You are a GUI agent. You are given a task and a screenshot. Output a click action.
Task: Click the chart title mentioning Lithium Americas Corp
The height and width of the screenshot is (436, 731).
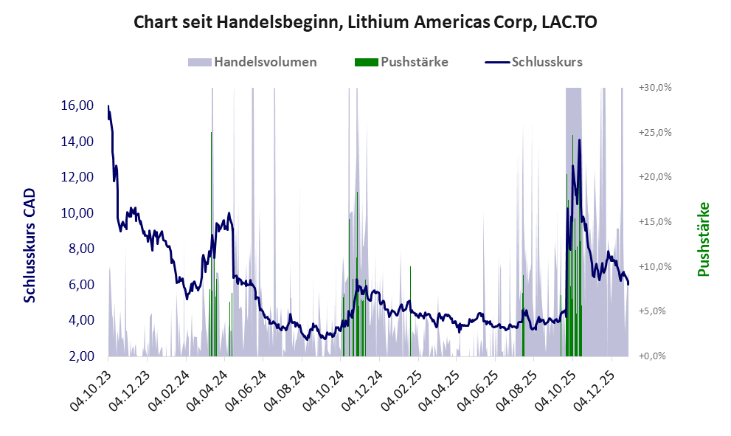pos(365,23)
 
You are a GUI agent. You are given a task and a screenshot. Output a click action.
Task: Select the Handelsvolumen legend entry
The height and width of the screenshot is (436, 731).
pos(253,62)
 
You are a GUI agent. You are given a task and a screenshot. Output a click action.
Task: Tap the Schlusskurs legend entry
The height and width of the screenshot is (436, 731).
pos(534,62)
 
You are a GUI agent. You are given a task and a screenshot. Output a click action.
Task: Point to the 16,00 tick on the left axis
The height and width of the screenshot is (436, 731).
pos(77,105)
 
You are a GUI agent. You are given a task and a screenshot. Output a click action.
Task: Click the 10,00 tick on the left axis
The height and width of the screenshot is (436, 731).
pos(77,213)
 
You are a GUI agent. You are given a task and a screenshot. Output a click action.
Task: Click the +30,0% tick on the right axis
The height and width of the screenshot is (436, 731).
pos(655,88)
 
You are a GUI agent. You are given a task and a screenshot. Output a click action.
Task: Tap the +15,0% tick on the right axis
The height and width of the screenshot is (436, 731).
pos(655,222)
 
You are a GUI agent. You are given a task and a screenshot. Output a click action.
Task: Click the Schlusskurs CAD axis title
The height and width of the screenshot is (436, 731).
pos(30,245)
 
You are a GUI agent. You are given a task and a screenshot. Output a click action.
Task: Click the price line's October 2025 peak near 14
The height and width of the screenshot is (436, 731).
pos(580,140)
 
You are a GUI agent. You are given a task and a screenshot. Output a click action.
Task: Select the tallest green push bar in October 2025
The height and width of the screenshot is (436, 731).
pos(572,140)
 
